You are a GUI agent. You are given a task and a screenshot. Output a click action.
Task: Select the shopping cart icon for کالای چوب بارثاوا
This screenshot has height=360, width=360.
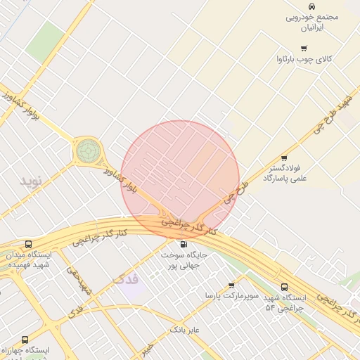pyautogui.click(x=303, y=49)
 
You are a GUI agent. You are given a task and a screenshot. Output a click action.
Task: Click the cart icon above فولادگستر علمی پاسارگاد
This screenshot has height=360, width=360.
pyautogui.click(x=284, y=158)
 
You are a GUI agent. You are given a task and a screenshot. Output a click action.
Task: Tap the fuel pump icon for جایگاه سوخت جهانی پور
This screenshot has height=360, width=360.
pyautogui.click(x=184, y=244)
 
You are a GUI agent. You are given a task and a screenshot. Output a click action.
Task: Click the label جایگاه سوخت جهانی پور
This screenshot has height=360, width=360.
pyautogui.click(x=184, y=260)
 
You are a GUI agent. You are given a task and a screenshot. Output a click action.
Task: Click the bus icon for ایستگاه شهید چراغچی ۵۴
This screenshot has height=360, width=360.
pyautogui.click(x=284, y=288)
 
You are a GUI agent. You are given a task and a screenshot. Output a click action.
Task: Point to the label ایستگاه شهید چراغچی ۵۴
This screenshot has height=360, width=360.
pyautogui.click(x=284, y=303)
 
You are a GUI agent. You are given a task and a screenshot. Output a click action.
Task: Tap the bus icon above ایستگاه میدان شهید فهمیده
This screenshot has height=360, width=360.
pyautogui.click(x=28, y=244)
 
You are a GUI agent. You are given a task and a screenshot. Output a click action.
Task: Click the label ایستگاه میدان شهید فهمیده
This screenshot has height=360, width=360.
pyautogui.click(x=28, y=259)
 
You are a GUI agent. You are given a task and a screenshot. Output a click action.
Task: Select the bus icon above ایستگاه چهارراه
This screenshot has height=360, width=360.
pyautogui.click(x=25, y=340)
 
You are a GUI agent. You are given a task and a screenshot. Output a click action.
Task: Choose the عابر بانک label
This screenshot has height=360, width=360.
pyautogui.click(x=186, y=329)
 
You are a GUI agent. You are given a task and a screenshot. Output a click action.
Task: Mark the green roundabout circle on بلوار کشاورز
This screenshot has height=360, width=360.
pyautogui.click(x=88, y=150)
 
